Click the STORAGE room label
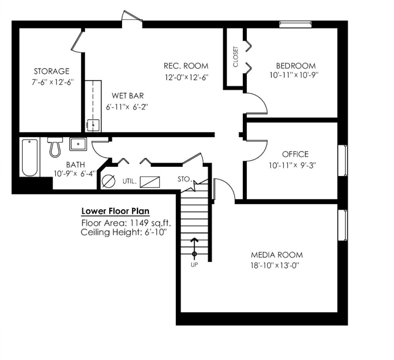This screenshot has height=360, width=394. click(x=51, y=71)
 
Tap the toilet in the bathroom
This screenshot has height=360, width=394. click(x=55, y=147)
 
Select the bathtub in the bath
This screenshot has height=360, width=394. click(x=30, y=158)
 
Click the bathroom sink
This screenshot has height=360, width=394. click(x=78, y=144)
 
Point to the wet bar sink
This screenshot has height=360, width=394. click(x=93, y=125)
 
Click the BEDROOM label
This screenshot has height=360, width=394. click(x=296, y=66)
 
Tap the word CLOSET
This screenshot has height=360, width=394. click(x=235, y=57)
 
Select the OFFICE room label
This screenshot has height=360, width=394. click(x=295, y=154)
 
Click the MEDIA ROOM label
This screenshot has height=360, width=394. click(x=277, y=255)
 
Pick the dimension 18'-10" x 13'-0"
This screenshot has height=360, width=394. click(x=275, y=265)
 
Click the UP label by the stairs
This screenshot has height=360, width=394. click(x=194, y=265)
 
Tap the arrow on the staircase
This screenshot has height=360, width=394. click(x=194, y=247)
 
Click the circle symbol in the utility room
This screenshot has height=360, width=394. click(x=109, y=181)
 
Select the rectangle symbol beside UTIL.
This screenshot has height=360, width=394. click(x=150, y=182)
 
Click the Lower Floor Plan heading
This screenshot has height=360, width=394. click(x=115, y=211)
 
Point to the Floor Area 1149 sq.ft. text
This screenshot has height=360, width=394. click(x=126, y=223)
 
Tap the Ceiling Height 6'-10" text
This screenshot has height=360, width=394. click(x=124, y=232)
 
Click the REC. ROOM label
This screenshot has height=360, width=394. click(x=186, y=66)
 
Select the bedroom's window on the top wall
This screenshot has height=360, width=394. click(x=296, y=24)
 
